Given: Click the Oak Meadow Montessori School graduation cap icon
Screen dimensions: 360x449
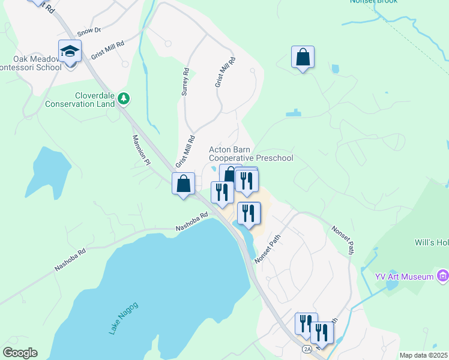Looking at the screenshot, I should [70, 52].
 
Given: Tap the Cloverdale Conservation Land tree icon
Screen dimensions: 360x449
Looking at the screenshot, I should [124, 97].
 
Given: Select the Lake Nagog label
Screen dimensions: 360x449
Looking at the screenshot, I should [124, 318].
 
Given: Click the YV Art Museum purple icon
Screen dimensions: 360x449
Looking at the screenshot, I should [443, 276].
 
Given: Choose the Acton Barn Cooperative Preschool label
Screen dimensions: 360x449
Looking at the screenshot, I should [251, 154].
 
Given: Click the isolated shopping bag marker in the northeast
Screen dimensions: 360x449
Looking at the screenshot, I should [303, 58].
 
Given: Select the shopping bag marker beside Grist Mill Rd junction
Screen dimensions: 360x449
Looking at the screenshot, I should [184, 184].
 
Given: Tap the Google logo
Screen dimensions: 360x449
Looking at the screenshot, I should [20, 353].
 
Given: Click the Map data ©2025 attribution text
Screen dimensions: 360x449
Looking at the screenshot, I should [423, 355].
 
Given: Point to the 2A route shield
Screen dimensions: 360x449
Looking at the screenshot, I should [307, 349].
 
